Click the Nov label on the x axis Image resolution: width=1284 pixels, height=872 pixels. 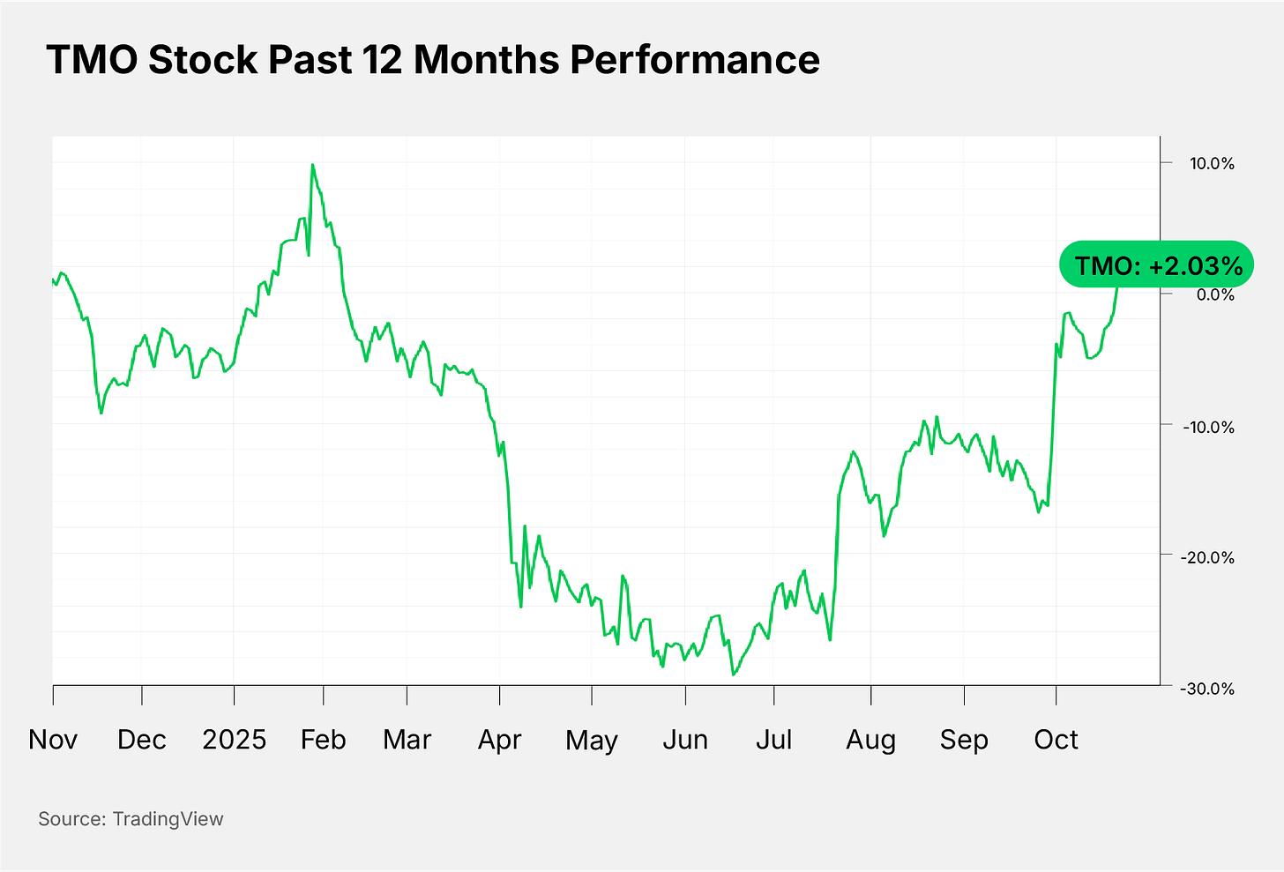click(x=53, y=739)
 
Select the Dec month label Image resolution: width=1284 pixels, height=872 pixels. click(x=142, y=739)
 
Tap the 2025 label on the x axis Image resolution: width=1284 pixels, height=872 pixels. click(x=234, y=739)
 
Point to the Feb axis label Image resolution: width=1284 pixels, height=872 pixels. click(x=323, y=739)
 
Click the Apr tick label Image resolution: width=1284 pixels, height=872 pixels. click(x=499, y=739)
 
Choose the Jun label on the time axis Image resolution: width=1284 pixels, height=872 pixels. click(x=685, y=739)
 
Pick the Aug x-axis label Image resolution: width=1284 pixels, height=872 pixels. click(x=870, y=739)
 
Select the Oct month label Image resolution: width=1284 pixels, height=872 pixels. click(x=1056, y=739)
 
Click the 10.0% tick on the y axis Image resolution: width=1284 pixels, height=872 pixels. click(x=1212, y=164)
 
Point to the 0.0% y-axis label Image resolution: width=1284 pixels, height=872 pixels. click(x=1214, y=294)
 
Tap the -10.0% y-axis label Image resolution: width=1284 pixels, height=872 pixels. click(x=1208, y=427)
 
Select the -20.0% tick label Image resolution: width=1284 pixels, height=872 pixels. click(x=1208, y=557)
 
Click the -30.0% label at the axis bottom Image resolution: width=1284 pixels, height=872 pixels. click(x=1208, y=689)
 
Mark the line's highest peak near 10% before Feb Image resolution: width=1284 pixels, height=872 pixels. click(x=312, y=165)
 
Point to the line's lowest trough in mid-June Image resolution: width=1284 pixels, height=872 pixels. click(x=733, y=674)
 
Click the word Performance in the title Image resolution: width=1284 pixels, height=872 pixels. click(x=695, y=60)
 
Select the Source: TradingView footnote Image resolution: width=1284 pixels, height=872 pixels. click(x=131, y=819)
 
